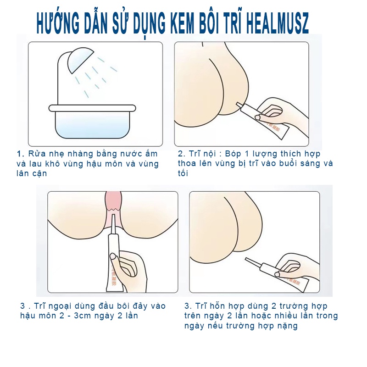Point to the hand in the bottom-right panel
296,266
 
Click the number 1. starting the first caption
20,154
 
